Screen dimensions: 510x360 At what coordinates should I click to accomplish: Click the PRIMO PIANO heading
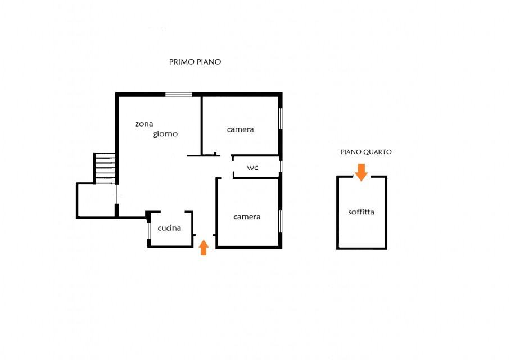(195, 62)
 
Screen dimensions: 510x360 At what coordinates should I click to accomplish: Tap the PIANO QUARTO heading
(366, 152)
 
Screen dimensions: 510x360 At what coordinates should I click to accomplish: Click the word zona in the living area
(144, 124)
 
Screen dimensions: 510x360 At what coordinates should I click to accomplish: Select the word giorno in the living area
(165, 134)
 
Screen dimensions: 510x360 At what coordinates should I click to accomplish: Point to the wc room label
(252, 168)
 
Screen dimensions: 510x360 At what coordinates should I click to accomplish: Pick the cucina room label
(169, 228)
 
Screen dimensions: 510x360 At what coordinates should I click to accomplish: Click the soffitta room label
(362, 212)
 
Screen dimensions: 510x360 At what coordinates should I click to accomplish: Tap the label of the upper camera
(240, 129)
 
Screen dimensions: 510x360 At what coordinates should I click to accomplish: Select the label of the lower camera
(247, 217)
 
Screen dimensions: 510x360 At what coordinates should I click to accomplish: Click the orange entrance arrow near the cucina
(204, 247)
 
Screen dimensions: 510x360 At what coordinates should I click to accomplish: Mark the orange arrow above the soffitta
(361, 172)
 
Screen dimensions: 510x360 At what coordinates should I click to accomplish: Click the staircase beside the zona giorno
(105, 168)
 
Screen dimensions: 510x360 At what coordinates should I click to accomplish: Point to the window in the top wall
(179, 94)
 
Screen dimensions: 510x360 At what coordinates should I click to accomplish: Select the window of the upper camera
(281, 118)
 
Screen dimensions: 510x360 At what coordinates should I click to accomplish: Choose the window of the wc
(281, 166)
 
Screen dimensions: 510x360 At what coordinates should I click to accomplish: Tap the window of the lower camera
(281, 221)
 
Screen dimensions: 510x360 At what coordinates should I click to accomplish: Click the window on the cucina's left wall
(148, 231)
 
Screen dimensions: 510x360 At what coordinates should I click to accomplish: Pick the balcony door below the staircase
(117, 194)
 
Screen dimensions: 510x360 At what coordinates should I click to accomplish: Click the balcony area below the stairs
(96, 200)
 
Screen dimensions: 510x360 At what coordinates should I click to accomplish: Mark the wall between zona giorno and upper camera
(202, 125)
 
